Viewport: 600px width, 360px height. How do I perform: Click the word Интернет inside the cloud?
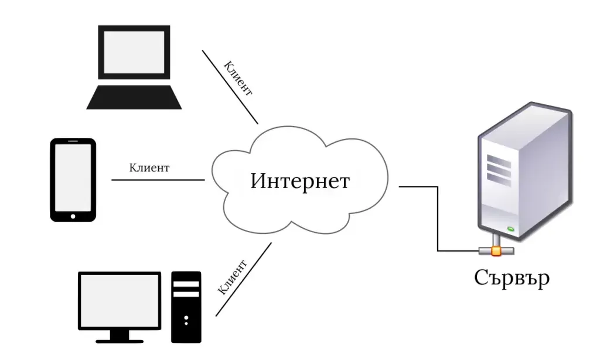point(299,181)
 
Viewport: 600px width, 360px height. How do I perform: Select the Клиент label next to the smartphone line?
point(149,168)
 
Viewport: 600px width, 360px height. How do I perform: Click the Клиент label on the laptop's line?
point(238,79)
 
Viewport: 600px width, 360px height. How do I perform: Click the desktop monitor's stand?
point(120,335)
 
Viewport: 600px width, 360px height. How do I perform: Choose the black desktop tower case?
point(186,307)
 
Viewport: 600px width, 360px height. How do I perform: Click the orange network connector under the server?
point(496,251)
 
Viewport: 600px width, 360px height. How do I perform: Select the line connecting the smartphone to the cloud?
point(158,180)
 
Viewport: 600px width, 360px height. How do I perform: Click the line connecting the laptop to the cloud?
point(230,87)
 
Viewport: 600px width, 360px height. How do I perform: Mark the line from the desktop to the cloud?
point(243,279)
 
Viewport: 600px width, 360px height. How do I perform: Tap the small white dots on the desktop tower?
point(186,320)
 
